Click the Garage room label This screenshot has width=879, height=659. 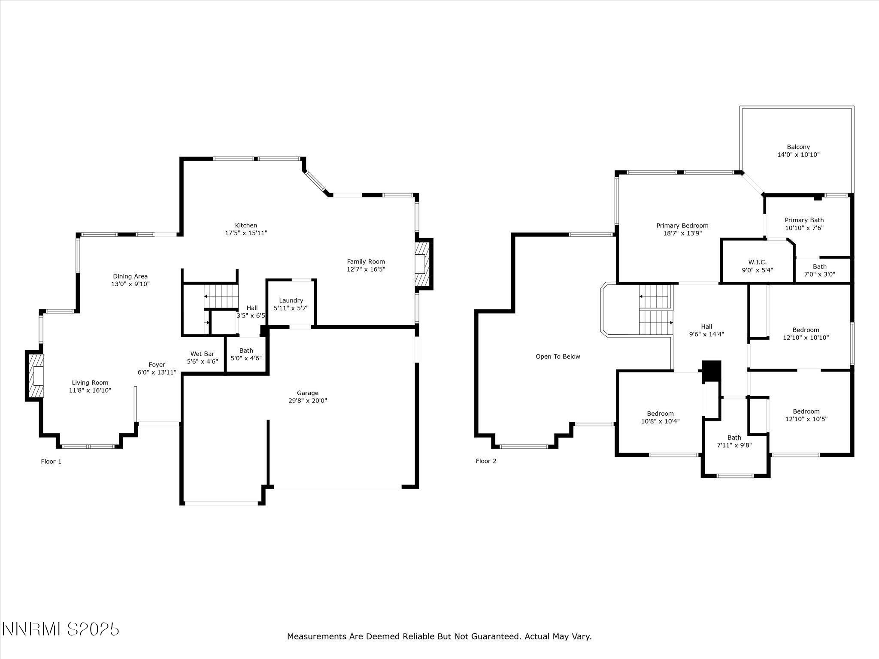[x=307, y=393]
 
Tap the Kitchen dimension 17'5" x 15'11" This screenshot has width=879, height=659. [x=246, y=233]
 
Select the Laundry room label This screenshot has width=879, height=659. [x=291, y=300]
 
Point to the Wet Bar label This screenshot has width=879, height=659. [x=202, y=354]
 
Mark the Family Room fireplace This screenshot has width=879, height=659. [x=423, y=264]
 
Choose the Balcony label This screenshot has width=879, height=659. [x=798, y=147]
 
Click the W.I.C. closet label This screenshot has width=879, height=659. [x=757, y=262]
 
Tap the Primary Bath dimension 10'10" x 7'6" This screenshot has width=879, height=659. [x=804, y=228]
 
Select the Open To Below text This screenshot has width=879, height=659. [x=558, y=357]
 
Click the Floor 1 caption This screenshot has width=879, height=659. [x=51, y=462]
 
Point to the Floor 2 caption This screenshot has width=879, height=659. [x=486, y=461]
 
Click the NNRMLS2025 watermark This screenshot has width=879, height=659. [x=61, y=629]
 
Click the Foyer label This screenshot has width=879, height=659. [x=157, y=365]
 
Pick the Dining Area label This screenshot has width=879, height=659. [x=130, y=276]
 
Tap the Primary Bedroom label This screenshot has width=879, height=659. [x=682, y=226]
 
